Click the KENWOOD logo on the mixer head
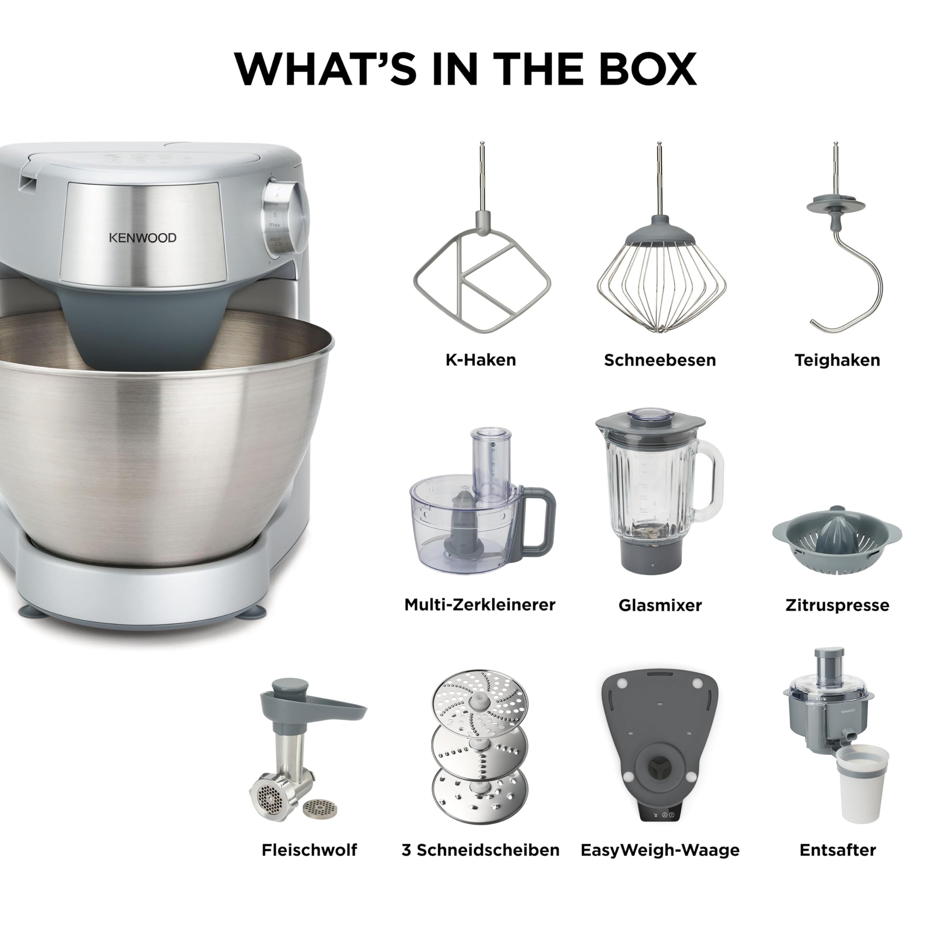tap(143, 237)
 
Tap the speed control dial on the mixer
tap(284, 217)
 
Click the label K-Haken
tap(480, 360)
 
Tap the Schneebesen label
tap(660, 360)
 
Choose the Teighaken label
tap(837, 360)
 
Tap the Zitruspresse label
tap(837, 605)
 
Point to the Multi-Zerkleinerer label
tap(480, 604)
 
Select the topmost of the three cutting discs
tap(480, 698)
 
